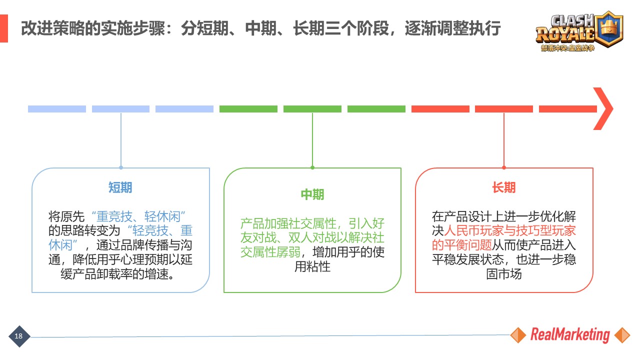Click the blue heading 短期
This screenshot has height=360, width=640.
120,187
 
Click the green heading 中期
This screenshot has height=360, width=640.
312,194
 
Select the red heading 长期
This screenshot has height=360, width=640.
503,187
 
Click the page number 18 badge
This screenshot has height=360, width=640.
19,336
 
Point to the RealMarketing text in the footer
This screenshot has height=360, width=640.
570,335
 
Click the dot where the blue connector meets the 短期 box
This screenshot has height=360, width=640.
121,167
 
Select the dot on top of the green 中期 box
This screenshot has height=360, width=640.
312,167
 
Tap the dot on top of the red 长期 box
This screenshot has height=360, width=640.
504,167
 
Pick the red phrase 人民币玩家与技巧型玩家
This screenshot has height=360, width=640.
510,231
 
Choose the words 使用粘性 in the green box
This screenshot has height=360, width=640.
312,266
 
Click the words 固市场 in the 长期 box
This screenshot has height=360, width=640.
503,274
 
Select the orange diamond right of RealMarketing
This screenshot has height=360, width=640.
622,335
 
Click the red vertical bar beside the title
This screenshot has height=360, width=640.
4,28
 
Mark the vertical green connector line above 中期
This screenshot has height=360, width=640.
312,140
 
